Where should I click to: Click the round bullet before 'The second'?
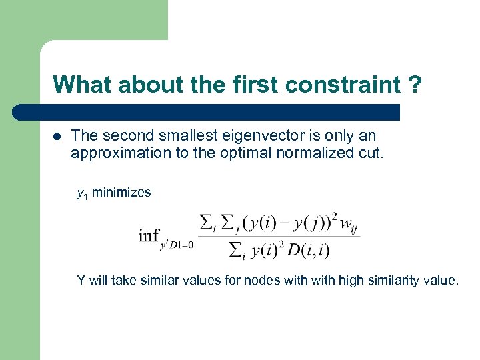point(56,135)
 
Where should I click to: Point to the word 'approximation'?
point(116,153)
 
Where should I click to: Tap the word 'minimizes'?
point(121,193)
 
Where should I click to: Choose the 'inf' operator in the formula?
point(148,235)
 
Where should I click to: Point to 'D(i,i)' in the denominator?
point(308,250)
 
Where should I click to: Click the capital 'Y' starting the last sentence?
point(81,280)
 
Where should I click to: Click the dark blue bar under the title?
point(207,112)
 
